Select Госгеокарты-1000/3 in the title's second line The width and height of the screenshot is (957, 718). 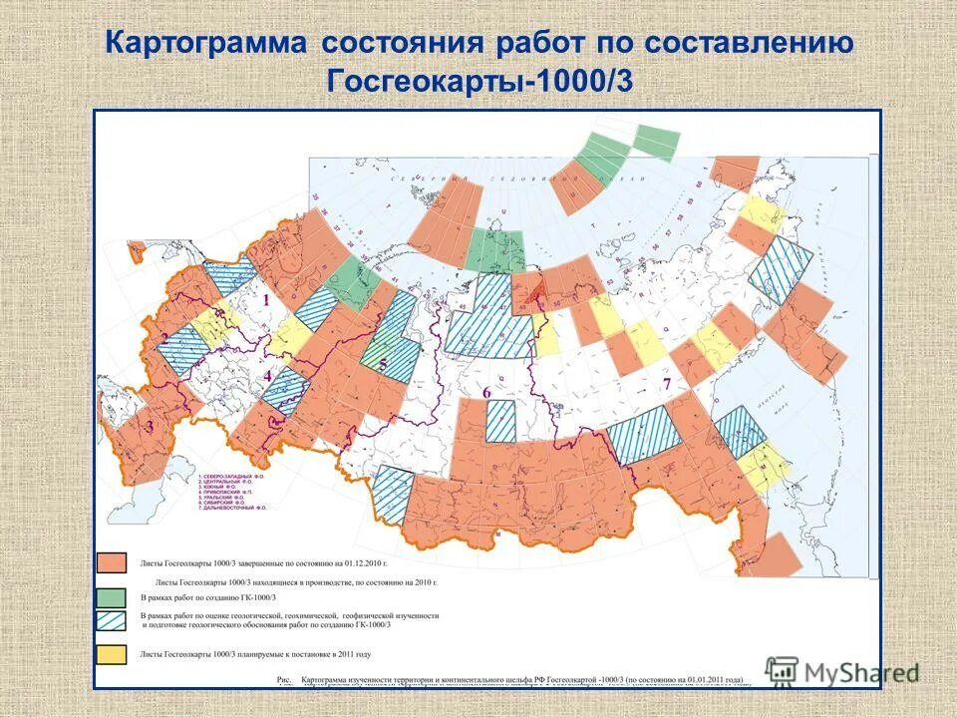pos(478,81)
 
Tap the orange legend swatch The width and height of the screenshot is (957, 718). pos(112,563)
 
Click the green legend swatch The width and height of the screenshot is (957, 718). pos(112,596)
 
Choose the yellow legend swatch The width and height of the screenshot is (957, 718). pos(112,655)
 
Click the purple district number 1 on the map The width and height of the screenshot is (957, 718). pos(266,297)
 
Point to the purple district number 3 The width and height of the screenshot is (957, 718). pos(150,427)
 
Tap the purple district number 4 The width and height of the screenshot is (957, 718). pos(268,375)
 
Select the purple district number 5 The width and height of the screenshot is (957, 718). pos(382,365)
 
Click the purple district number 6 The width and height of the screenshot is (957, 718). pos(486,393)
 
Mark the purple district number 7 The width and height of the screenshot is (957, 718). pos(667,383)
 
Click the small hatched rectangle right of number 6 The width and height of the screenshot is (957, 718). pos(500,421)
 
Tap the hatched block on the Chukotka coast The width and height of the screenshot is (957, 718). pos(780,269)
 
